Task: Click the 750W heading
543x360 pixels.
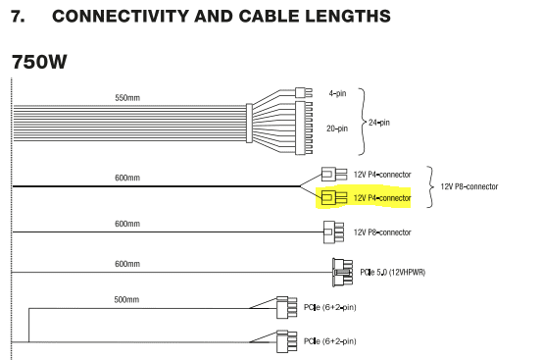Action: point(39,62)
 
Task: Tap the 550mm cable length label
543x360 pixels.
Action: point(127,98)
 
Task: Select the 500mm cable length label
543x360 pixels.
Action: point(126,300)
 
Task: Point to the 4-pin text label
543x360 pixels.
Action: point(337,93)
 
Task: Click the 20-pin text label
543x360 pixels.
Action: point(337,129)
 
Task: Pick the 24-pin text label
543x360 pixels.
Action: point(379,123)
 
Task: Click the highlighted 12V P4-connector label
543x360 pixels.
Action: point(382,198)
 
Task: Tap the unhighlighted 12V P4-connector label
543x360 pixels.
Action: point(382,175)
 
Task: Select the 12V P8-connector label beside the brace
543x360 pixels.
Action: point(469,186)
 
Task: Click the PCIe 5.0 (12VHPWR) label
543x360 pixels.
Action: point(393,273)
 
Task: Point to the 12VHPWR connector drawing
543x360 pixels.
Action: point(342,273)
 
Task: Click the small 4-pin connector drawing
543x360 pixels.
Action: point(304,93)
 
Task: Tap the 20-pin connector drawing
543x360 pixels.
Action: point(304,128)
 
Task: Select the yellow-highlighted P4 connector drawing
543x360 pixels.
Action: point(334,198)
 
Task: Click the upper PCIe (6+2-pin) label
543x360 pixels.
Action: point(329,307)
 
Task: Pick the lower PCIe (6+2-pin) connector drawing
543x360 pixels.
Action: point(287,341)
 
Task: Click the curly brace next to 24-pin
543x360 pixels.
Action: point(362,122)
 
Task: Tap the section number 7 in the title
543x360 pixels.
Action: point(18,17)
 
